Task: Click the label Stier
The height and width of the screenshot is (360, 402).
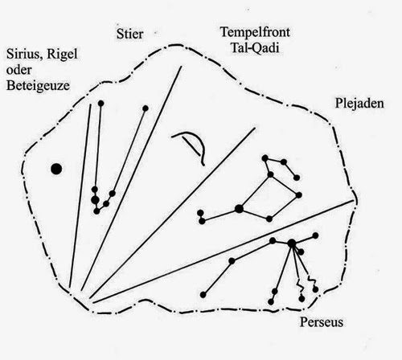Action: (x=130, y=34)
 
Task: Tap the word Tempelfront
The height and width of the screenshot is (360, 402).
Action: (x=255, y=32)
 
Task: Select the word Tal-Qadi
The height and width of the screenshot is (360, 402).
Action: (x=255, y=48)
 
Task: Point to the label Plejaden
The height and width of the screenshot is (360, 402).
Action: (x=359, y=104)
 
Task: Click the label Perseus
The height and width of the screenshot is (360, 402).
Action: (x=322, y=321)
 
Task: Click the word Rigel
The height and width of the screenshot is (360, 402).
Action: (x=62, y=55)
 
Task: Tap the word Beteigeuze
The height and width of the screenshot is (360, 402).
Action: (x=38, y=86)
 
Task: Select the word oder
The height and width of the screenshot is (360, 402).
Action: (x=19, y=70)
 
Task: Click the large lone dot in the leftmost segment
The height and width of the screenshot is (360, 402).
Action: (x=56, y=169)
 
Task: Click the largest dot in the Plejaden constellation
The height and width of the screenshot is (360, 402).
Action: (x=239, y=208)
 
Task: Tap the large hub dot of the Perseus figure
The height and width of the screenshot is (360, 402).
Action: (x=292, y=243)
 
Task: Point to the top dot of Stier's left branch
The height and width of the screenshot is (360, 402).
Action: (x=100, y=104)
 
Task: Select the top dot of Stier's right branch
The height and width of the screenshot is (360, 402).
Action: (x=146, y=108)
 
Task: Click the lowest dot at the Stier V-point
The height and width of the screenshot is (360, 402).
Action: (x=96, y=211)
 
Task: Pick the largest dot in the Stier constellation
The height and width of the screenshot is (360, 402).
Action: (x=95, y=199)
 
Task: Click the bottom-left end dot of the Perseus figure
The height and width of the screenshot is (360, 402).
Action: (x=203, y=295)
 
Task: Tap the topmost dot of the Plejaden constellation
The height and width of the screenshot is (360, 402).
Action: (x=265, y=158)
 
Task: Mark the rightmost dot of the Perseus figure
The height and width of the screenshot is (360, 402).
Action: (x=315, y=235)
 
